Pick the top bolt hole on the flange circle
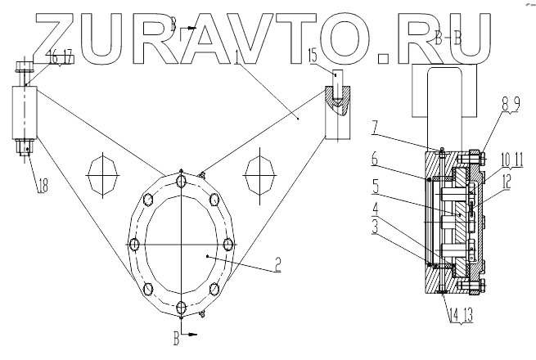pyautogui.click(x=181, y=172)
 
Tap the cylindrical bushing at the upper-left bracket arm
pyautogui.click(x=25, y=110)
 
